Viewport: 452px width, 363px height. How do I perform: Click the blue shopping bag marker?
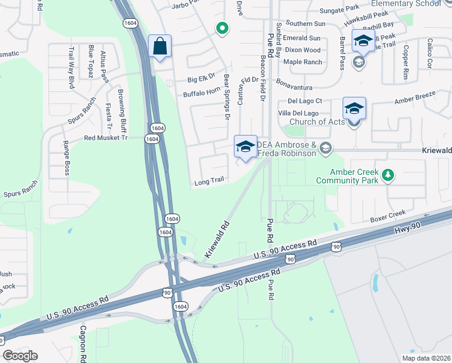(x=160, y=46)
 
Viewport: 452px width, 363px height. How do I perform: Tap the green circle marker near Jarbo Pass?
(x=222, y=28)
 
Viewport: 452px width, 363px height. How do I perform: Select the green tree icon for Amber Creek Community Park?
(x=388, y=176)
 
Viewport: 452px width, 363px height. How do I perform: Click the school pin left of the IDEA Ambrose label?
(x=245, y=147)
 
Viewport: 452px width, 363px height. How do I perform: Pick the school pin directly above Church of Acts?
(x=354, y=108)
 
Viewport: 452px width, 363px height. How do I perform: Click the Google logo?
(x=21, y=356)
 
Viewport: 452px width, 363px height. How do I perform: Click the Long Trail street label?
(x=209, y=181)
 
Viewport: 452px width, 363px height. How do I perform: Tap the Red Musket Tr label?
(x=106, y=138)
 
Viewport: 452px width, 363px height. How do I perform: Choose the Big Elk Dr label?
(x=201, y=79)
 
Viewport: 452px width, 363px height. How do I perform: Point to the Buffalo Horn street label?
(x=202, y=94)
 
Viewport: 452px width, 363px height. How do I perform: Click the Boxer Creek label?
(x=388, y=214)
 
